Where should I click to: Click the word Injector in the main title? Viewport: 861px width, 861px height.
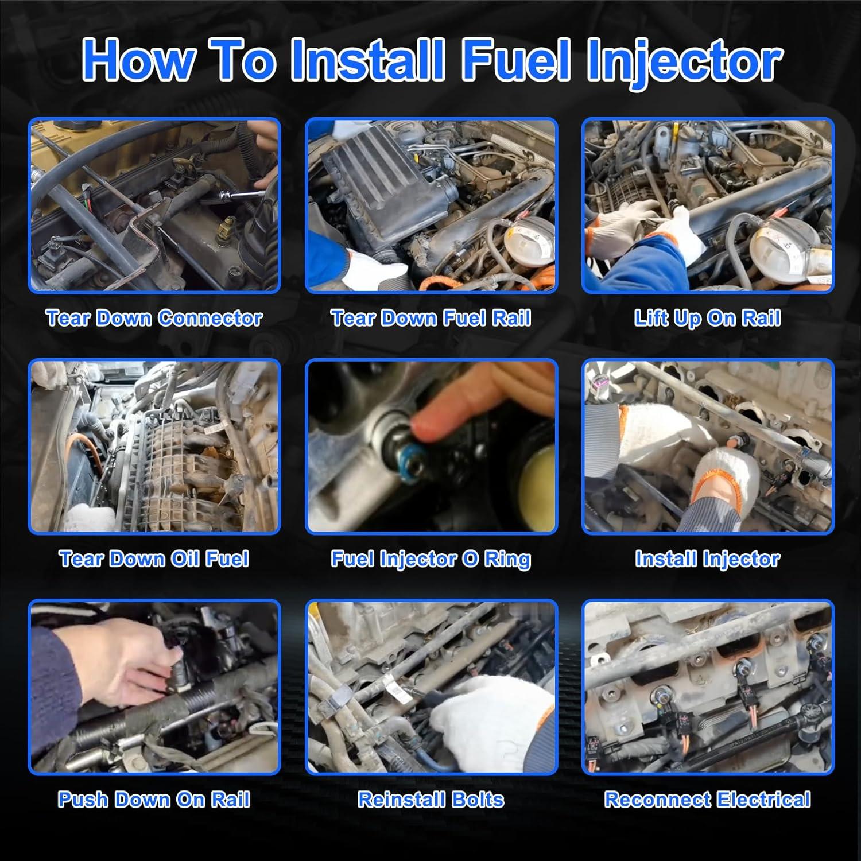(x=684, y=62)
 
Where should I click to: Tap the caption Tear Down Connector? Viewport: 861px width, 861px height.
(x=154, y=318)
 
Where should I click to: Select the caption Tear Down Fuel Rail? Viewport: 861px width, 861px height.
(x=430, y=318)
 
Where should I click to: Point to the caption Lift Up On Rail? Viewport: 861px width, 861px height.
(x=707, y=319)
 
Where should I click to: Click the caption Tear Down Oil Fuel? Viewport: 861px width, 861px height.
(x=154, y=559)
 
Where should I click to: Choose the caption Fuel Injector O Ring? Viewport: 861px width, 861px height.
(x=430, y=560)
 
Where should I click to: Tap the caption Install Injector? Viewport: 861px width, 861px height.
(x=707, y=560)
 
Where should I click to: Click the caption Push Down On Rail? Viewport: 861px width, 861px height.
(x=154, y=800)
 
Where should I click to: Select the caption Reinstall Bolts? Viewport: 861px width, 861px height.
(x=430, y=800)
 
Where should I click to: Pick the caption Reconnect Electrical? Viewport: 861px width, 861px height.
(x=707, y=800)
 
